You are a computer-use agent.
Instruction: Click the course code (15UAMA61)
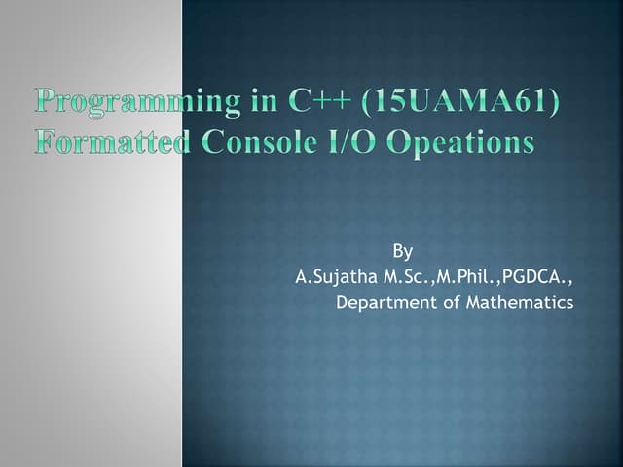[x=448, y=102]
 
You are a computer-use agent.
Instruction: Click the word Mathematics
[x=520, y=303]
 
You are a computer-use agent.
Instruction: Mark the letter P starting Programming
[x=47, y=102]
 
